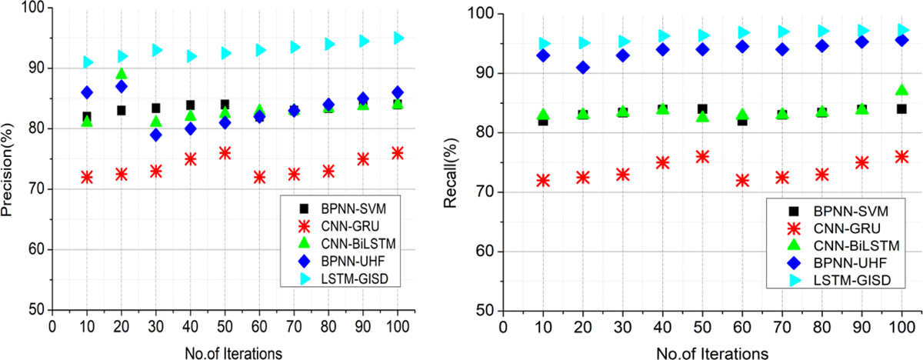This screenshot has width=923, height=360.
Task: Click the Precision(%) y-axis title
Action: pyautogui.click(x=10, y=159)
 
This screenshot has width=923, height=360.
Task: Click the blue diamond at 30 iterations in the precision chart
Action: pyautogui.click(x=156, y=135)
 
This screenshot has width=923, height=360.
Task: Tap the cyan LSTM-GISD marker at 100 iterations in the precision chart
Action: pyautogui.click(x=398, y=38)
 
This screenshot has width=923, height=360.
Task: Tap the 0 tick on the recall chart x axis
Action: pyautogui.click(x=503, y=326)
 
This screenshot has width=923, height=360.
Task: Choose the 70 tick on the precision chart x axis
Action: pyautogui.click(x=294, y=326)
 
